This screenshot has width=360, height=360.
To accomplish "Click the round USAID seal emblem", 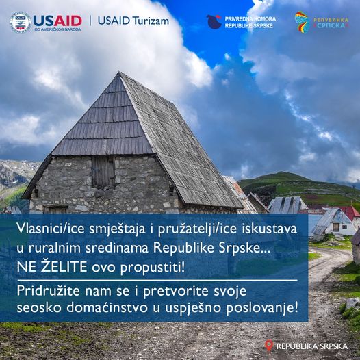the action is point(21,23).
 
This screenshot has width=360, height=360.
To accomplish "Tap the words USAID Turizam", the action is point(133,21).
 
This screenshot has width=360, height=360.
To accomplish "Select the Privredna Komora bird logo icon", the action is point(214,22).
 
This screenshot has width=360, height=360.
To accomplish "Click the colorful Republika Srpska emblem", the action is point(302,23).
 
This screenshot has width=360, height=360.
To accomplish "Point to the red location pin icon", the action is point(269,346).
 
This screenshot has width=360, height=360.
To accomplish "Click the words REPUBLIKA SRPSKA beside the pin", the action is point(312,346).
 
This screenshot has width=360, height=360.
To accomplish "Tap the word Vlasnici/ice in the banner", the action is point(51,229).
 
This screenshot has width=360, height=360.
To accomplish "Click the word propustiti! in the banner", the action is point(152,268).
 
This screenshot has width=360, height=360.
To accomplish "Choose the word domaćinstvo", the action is point(107,308).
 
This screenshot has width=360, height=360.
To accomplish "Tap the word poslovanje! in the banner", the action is point(262,309).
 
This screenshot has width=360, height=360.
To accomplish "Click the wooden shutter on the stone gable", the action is point(103,172).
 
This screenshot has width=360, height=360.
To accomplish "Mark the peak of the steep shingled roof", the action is point(119,73).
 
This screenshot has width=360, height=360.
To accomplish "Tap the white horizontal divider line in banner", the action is point(157,281).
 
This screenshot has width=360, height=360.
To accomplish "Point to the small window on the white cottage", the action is point(336,227).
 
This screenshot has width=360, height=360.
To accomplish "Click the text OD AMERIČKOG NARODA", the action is point(57,29).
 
